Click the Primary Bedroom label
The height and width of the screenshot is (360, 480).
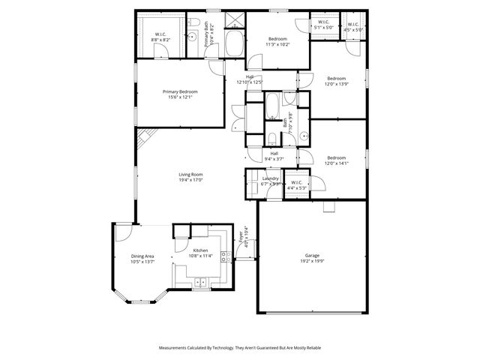[180, 91]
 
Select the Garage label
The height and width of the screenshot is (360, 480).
[312, 255]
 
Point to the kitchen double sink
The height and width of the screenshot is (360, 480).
[200, 282]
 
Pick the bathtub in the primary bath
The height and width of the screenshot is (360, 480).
[234, 43]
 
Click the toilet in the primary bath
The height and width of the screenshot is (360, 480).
[193, 21]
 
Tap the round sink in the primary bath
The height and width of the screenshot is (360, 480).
[192, 36]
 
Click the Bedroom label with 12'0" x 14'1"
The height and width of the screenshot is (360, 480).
[336, 157]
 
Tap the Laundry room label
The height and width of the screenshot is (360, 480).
[270, 178]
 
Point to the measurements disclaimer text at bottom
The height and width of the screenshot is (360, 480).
[239, 347]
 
